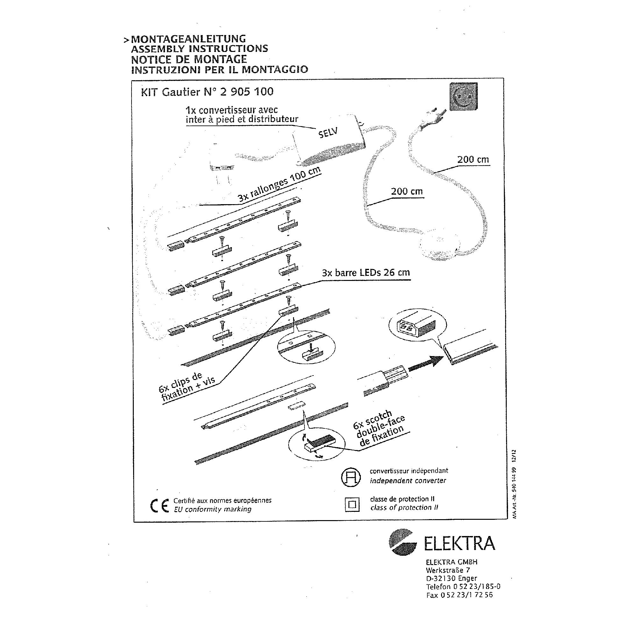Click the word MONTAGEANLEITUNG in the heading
click(x=188, y=39)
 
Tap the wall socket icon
click(x=463, y=97)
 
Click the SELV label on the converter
click(x=328, y=132)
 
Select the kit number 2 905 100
click(x=247, y=91)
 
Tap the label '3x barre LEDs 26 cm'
click(x=366, y=273)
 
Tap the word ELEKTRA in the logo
click(x=459, y=544)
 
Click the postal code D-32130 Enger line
click(x=451, y=578)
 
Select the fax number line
click(x=459, y=595)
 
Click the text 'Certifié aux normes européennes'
click(x=222, y=500)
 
